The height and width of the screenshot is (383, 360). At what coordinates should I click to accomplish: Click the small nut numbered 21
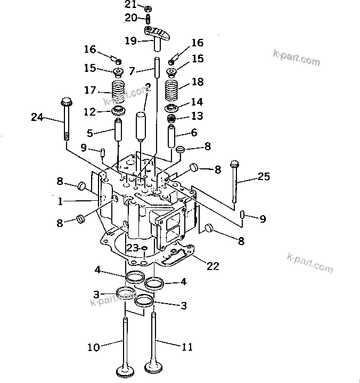[x=149, y=8]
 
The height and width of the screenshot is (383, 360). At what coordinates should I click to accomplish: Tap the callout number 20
[x=131, y=18]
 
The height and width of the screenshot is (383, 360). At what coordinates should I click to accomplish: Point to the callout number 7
[x=133, y=70]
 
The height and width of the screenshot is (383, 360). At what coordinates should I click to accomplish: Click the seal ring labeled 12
[x=118, y=111]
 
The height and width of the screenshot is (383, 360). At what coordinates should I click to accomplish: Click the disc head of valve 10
[x=125, y=372]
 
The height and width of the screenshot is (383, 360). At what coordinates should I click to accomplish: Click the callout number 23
[x=133, y=248]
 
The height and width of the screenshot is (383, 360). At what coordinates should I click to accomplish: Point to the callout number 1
[x=60, y=202]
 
